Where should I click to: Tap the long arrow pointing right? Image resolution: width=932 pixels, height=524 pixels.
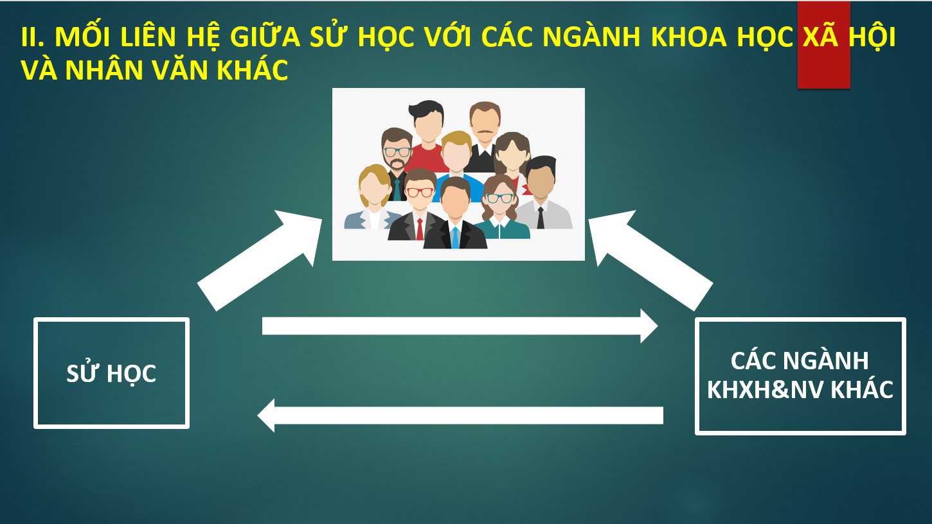(x=460, y=326)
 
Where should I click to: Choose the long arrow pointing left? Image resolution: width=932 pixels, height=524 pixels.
(x=460, y=415)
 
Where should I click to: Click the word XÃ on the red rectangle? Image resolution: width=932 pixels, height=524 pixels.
(x=820, y=37)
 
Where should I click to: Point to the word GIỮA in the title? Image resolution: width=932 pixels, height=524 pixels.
(x=265, y=37)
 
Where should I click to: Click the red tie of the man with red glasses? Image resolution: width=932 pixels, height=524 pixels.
(x=420, y=229)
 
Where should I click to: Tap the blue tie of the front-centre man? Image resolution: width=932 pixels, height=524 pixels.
(x=455, y=238)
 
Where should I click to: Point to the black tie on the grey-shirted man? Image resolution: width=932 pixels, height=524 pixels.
(x=541, y=218)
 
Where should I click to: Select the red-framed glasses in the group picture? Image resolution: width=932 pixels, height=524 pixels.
(x=420, y=193)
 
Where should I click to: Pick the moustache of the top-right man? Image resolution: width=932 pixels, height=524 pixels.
(x=485, y=132)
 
